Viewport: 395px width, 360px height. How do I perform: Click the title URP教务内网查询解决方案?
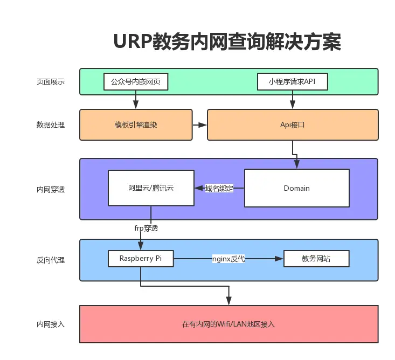[x=227, y=41]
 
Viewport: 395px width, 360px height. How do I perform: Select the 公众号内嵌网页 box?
[x=136, y=82]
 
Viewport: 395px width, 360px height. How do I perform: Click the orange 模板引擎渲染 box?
[x=136, y=125]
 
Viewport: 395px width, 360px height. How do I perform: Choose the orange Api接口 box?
[x=293, y=125]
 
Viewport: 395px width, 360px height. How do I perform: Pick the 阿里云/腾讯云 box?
[x=151, y=188]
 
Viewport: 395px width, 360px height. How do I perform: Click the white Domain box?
[x=296, y=188]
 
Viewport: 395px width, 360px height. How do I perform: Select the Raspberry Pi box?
[x=141, y=259]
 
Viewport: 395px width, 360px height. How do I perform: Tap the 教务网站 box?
[x=316, y=259]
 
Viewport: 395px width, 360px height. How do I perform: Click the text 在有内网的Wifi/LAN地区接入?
[x=228, y=324]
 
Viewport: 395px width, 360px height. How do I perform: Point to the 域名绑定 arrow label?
[x=219, y=188]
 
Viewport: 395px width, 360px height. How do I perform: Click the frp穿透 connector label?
[x=146, y=228]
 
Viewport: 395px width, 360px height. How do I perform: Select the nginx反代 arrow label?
[x=228, y=259]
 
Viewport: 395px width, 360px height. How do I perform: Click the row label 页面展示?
[x=51, y=82]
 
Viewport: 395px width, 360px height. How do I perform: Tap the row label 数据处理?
[x=51, y=125]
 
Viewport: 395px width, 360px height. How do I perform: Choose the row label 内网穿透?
[x=51, y=190]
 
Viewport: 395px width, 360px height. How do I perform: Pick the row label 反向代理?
[x=51, y=260]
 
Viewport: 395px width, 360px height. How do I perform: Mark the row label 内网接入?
[x=51, y=324]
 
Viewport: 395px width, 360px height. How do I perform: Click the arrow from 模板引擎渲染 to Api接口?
[x=199, y=125]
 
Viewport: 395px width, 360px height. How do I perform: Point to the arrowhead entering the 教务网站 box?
[x=280, y=259]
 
